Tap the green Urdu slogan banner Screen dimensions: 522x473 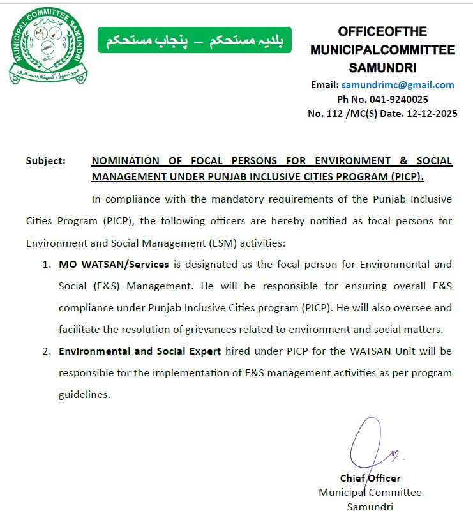tap(194, 40)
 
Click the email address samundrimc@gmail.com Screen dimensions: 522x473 tap(398, 85)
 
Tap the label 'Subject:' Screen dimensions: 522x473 tap(45, 161)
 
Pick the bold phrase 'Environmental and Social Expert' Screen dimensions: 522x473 tap(140, 351)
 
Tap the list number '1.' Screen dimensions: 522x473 tap(47, 264)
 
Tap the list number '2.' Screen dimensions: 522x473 tap(47, 351)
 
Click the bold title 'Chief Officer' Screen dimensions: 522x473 tap(370, 479)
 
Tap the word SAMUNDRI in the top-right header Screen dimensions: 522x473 tap(383, 67)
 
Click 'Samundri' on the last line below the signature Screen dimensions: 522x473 tap(370, 507)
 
